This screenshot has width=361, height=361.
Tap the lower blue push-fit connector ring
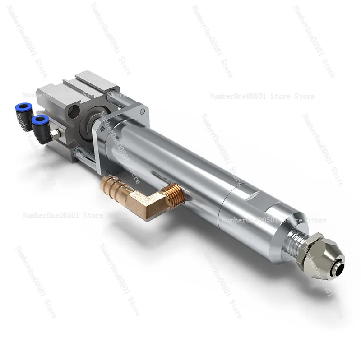pyautogui.click(x=40, y=120)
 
